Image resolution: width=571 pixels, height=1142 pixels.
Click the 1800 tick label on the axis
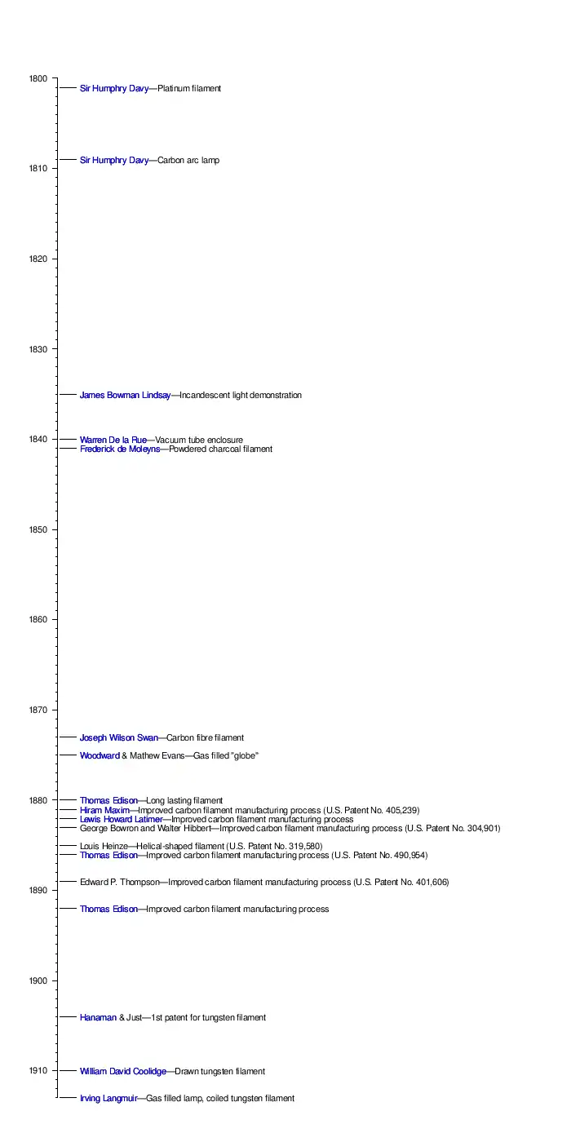38,78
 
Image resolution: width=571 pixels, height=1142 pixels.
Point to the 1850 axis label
38,530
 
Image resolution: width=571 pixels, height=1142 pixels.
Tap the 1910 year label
38,1071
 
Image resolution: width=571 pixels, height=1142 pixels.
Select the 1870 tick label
38,710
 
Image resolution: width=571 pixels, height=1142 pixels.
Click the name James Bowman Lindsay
125,396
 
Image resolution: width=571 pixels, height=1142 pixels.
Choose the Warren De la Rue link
113,440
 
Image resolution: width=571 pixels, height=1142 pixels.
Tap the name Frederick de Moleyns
119,449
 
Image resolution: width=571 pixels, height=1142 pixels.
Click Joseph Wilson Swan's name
118,738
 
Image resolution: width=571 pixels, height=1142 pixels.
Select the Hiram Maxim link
104,811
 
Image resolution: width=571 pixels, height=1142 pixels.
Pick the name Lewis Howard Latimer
121,820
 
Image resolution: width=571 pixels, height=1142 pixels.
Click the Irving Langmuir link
108,1099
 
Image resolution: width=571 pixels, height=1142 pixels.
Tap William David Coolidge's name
123,1072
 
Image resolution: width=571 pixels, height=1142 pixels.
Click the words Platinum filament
189,88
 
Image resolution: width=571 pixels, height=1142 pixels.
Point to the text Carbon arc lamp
188,161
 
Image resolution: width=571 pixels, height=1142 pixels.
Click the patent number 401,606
432,883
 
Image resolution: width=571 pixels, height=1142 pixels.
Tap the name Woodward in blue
100,756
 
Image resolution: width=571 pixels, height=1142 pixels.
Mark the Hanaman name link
98,1018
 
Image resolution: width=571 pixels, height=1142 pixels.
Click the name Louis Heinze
104,846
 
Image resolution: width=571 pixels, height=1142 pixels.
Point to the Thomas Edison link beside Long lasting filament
108,801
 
